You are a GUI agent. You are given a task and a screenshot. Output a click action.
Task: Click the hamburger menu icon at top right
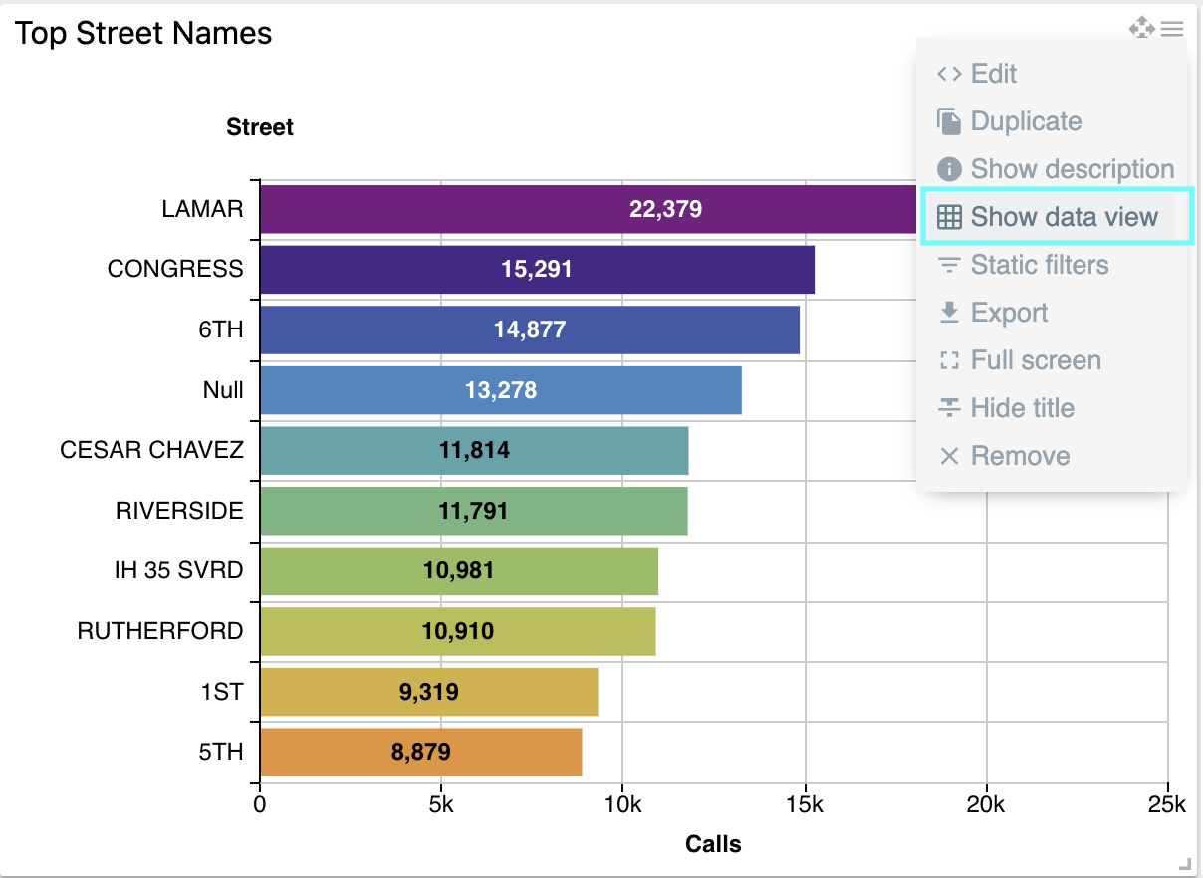pyautogui.click(x=1172, y=29)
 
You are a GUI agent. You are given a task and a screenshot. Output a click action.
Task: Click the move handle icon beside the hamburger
pyautogui.click(x=1141, y=28)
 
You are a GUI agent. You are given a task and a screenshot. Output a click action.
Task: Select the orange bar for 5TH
pyautogui.click(x=420, y=752)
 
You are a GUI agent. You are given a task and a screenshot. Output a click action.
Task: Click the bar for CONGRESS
pyautogui.click(x=537, y=269)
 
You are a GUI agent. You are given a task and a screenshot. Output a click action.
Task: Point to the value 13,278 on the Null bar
pyautogui.click(x=501, y=390)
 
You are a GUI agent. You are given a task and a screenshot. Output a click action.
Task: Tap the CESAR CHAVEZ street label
pyautogui.click(x=151, y=450)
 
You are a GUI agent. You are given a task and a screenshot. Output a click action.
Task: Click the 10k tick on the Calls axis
pyautogui.click(x=622, y=804)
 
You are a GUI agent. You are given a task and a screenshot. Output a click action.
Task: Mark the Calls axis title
pyautogui.click(x=713, y=845)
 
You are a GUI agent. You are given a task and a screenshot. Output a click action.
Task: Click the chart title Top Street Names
pyautogui.click(x=143, y=33)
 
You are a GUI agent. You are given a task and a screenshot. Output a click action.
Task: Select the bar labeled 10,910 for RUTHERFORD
pyautogui.click(x=457, y=631)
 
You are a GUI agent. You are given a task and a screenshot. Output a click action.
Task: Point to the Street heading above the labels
pyautogui.click(x=260, y=127)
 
